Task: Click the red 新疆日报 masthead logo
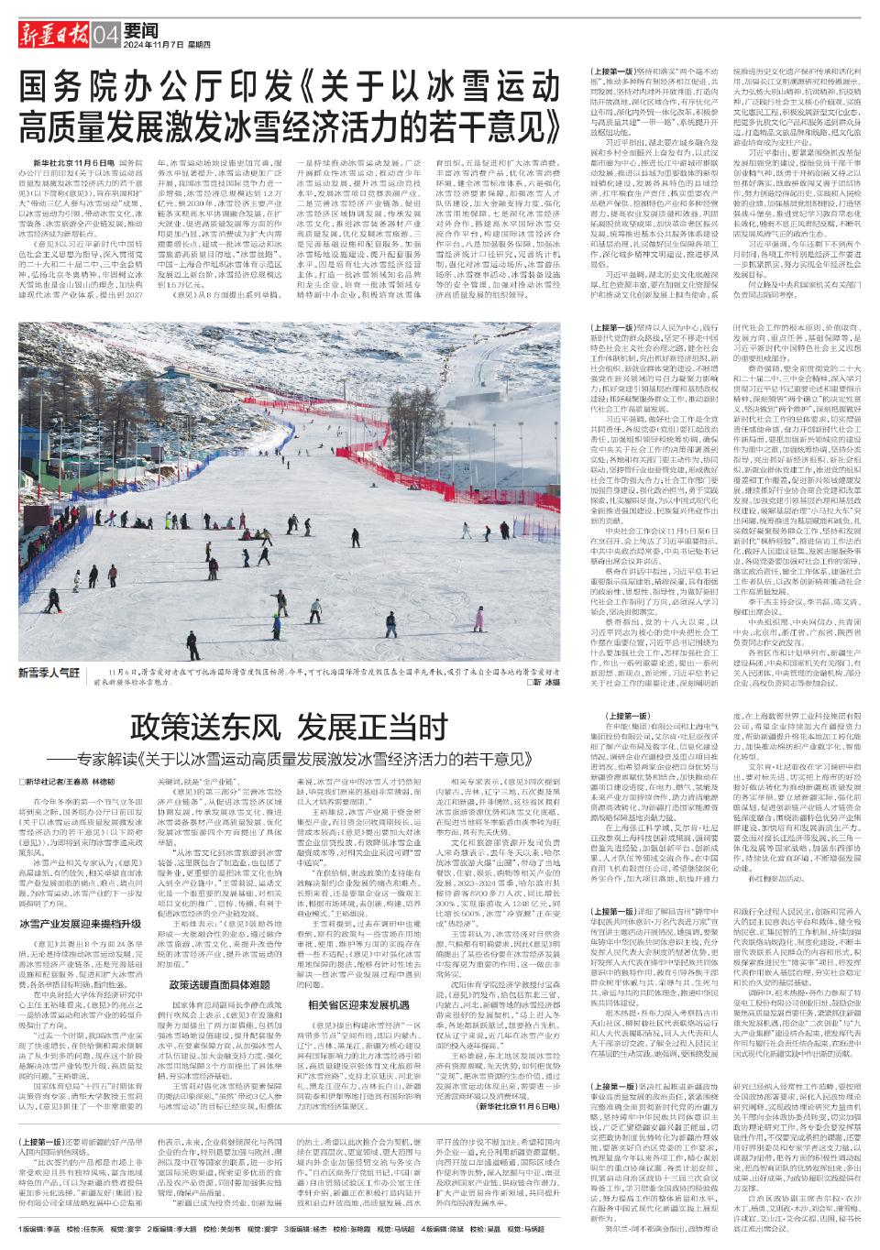coord(50,36)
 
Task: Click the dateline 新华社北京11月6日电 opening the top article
coord(77,161)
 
